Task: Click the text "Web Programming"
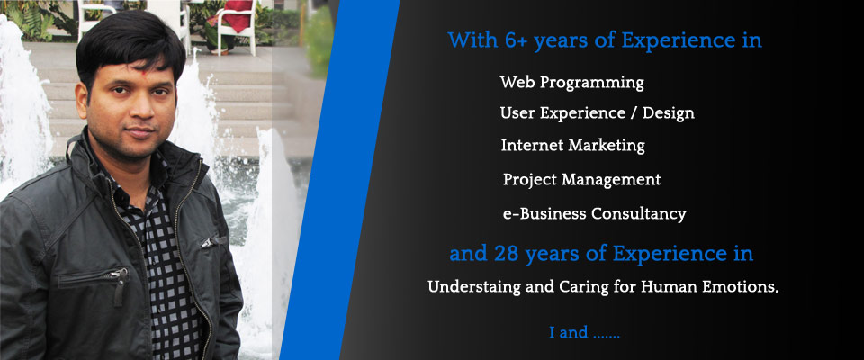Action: [572, 83]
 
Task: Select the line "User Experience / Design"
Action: [598, 113]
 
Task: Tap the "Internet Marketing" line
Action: [573, 146]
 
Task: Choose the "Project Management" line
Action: [582, 180]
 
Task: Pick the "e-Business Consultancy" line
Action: [595, 213]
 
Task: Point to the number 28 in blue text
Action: [507, 254]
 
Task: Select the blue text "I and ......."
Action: [585, 333]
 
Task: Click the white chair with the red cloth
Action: [234, 25]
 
